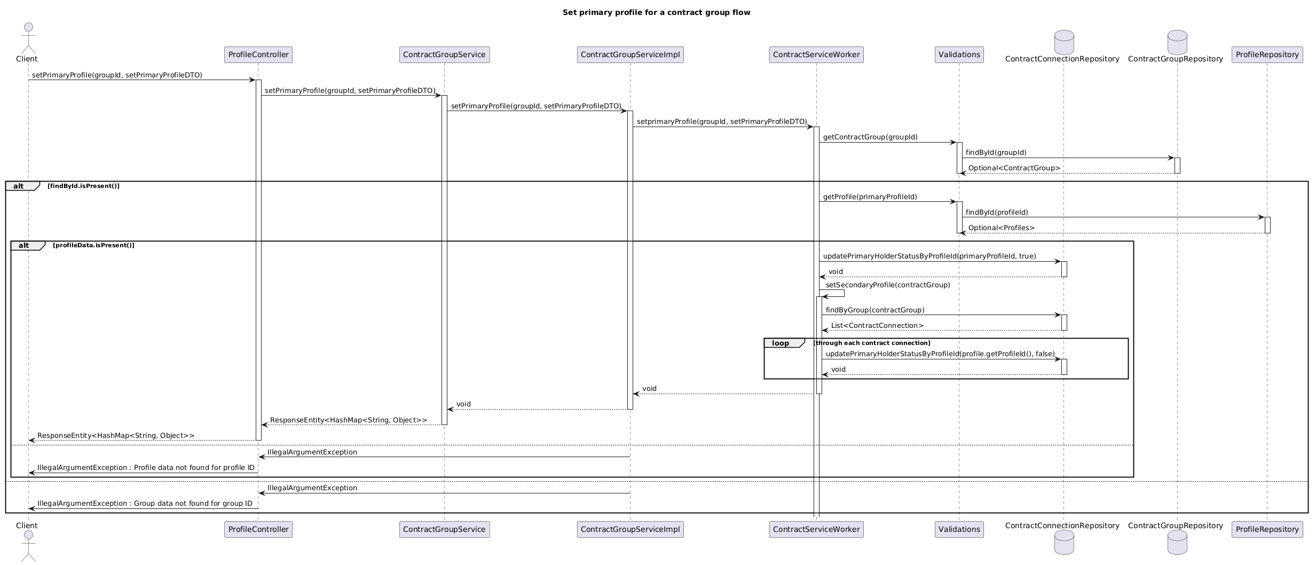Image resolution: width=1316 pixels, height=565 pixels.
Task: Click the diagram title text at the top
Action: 656,12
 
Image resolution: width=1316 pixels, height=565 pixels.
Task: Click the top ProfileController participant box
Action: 258,54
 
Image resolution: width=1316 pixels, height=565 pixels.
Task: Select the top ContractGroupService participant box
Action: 444,54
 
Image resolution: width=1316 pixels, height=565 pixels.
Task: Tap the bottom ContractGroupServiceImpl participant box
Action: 630,529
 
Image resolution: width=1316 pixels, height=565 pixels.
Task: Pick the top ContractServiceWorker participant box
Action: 816,54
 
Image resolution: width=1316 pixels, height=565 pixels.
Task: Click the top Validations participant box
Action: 959,54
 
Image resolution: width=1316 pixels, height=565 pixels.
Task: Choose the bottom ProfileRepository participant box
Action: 1267,529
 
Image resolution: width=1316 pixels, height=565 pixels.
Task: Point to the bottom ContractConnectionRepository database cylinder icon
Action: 1064,543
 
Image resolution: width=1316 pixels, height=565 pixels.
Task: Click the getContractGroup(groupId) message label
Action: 870,137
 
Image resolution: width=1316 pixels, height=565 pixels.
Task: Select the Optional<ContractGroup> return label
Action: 1014,168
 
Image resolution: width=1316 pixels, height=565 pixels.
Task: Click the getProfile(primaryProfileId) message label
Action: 870,197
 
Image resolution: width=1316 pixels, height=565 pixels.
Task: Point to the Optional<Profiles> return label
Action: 1002,228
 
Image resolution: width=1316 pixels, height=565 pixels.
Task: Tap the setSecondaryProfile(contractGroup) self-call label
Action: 888,285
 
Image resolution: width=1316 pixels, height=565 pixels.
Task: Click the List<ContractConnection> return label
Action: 877,326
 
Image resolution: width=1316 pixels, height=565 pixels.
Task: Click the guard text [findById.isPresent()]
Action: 83,186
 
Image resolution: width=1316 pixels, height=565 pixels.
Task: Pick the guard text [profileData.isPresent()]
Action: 93,245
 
